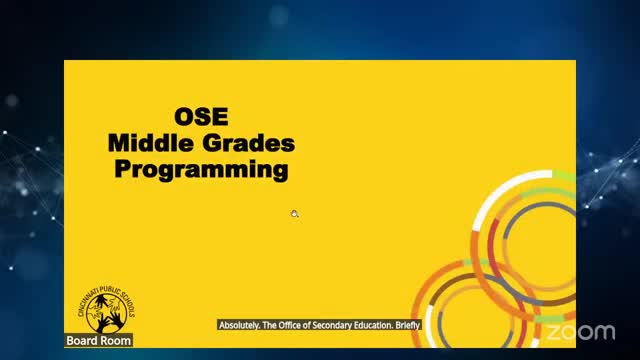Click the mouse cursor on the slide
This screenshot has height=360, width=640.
pyautogui.click(x=294, y=213)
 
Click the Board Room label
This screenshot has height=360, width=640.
pyautogui.click(x=98, y=341)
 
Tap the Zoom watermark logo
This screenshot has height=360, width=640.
pyautogui.click(x=581, y=331)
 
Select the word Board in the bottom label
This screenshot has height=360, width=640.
pyautogui.click(x=82, y=341)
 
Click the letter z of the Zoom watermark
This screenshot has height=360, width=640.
pyautogui.click(x=553, y=332)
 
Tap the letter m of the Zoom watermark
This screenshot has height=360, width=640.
pyautogui.click(x=606, y=332)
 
